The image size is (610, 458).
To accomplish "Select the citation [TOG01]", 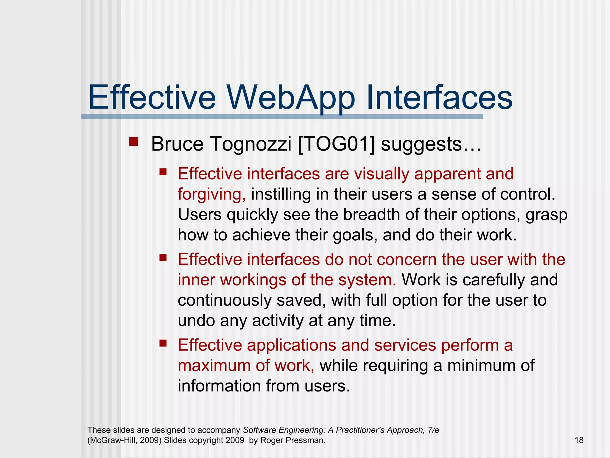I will (336, 144).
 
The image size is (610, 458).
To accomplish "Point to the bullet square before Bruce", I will (134, 141).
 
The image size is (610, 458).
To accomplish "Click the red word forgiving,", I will (212, 194).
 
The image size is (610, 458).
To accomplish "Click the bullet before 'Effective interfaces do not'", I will (163, 257).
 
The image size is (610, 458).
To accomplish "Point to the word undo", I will (196, 321).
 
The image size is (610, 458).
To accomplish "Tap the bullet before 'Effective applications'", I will (163, 343).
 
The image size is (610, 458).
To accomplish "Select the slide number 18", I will (579, 440).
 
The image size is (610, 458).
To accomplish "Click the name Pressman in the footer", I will (309, 440).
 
